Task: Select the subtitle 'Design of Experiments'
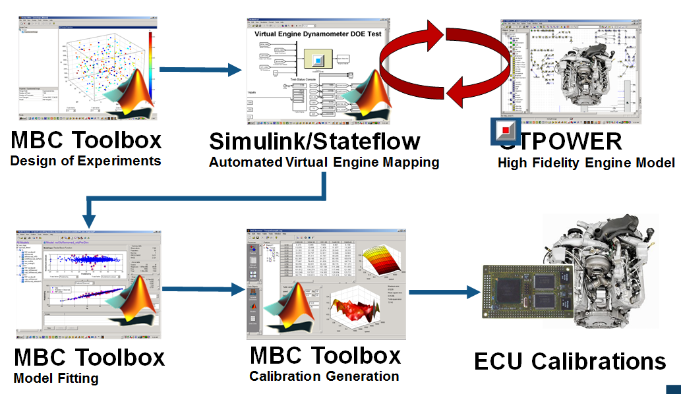(x=86, y=160)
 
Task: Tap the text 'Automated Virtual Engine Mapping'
(x=324, y=162)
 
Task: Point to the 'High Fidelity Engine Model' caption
(x=586, y=163)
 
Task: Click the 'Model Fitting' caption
(x=56, y=378)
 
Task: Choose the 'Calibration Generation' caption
(x=324, y=376)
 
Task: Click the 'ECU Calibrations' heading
(x=570, y=361)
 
